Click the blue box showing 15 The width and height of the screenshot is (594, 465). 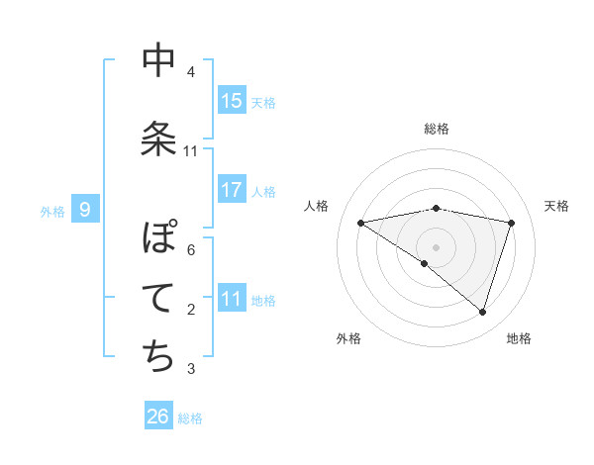pyautogui.click(x=232, y=101)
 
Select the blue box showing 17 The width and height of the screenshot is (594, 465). pyautogui.click(x=232, y=190)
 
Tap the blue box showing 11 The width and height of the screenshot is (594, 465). pyautogui.click(x=232, y=299)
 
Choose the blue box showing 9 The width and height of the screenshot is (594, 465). pyautogui.click(x=86, y=209)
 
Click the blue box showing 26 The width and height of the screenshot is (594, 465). pyautogui.click(x=158, y=417)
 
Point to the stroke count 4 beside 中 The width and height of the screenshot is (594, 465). pyautogui.click(x=191, y=72)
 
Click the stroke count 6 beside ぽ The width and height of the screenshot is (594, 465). pyautogui.click(x=191, y=250)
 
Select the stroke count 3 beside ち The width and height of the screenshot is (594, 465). pyautogui.click(x=191, y=369)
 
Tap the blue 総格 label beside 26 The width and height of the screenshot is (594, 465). pyautogui.click(x=190, y=418)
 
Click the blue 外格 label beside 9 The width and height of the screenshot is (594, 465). pyautogui.click(x=52, y=211)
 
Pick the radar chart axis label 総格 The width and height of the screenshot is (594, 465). pyautogui.click(x=436, y=129)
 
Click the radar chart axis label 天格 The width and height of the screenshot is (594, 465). pyautogui.click(x=556, y=206)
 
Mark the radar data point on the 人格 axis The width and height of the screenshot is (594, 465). pyautogui.click(x=361, y=223)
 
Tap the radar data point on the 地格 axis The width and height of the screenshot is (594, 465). pyautogui.click(x=482, y=312)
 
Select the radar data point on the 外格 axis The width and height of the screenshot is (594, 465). pyautogui.click(x=425, y=263)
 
